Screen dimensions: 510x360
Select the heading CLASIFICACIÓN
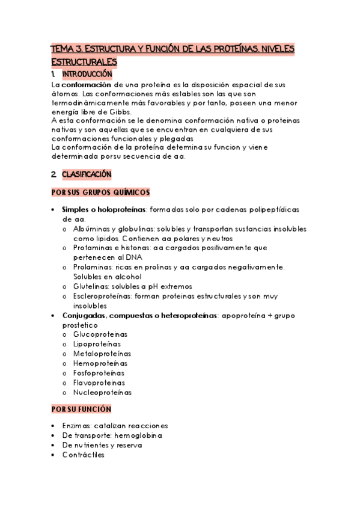coord(87,174)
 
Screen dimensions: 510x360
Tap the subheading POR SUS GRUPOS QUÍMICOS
coord(100,192)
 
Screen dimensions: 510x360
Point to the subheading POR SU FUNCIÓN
coord(81,409)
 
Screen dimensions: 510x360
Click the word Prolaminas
coord(93,267)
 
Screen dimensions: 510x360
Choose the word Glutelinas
coord(91,286)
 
